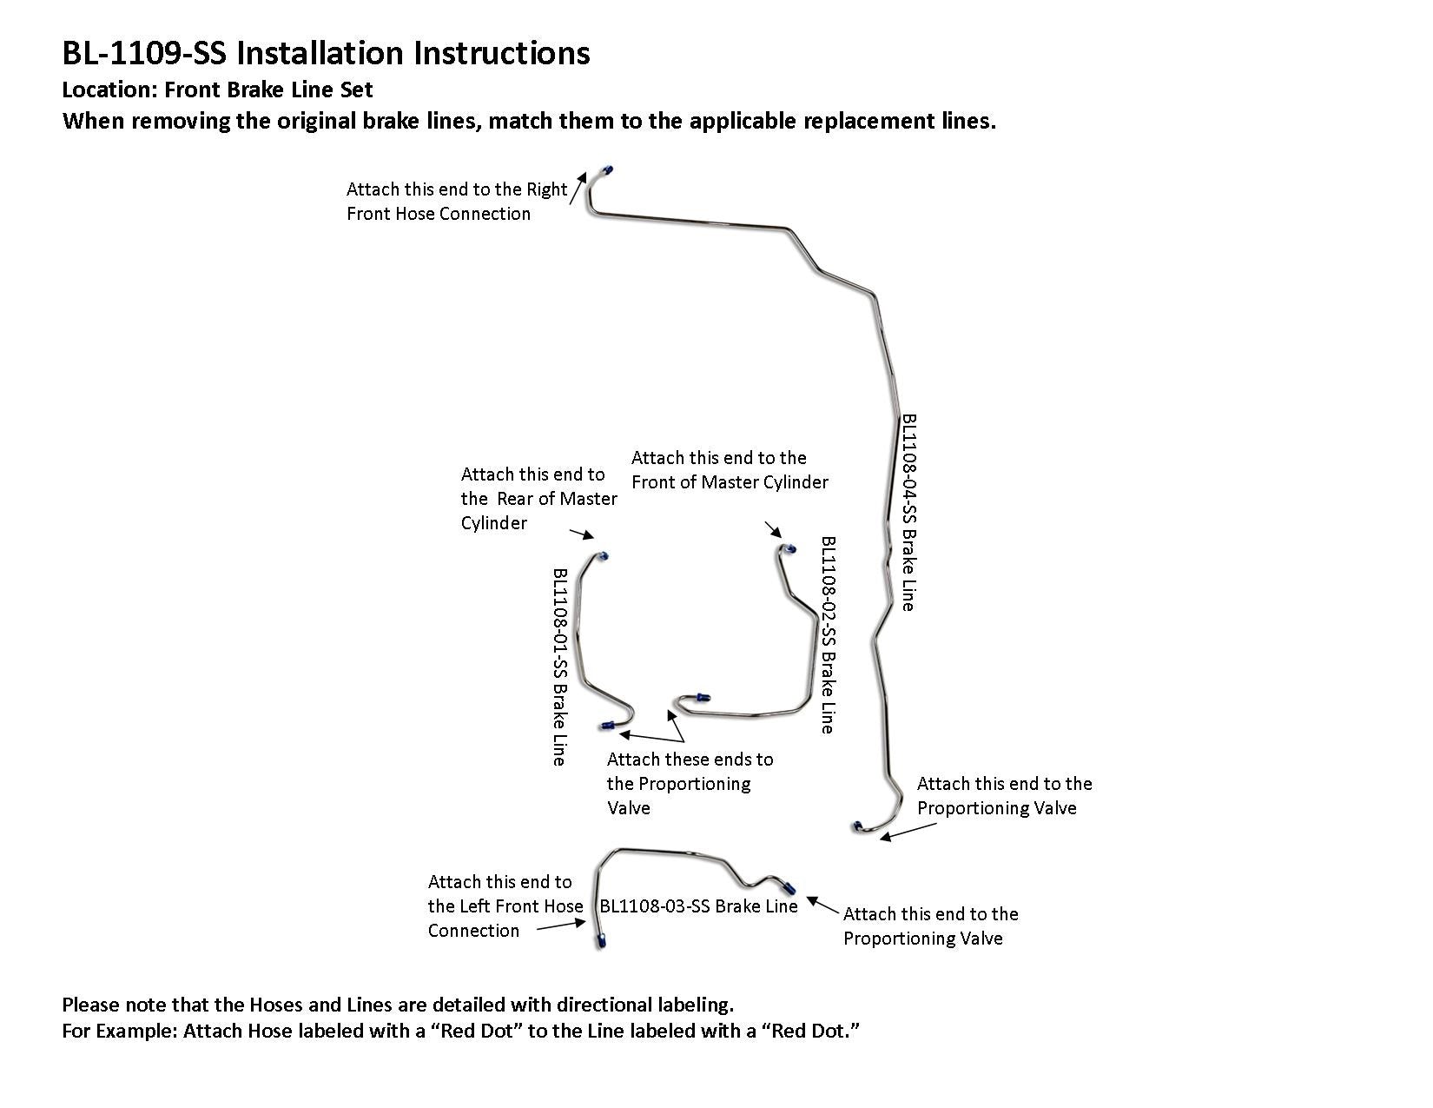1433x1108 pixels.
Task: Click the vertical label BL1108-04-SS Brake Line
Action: pyautogui.click(x=908, y=512)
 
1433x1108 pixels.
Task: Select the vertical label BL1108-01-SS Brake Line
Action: pyautogui.click(x=561, y=667)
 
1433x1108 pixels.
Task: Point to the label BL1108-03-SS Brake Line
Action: pyautogui.click(x=698, y=906)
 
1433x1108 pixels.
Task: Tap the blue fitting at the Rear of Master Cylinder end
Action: pyautogui.click(x=604, y=556)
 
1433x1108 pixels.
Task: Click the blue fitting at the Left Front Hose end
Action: pyautogui.click(x=601, y=941)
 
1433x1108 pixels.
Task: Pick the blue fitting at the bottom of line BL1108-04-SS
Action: pyautogui.click(x=858, y=826)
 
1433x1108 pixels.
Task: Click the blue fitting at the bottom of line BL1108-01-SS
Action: pyautogui.click(x=606, y=725)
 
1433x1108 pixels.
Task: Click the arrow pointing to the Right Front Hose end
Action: pyautogui.click(x=578, y=189)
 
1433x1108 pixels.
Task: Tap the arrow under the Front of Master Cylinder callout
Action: pyautogui.click(x=772, y=529)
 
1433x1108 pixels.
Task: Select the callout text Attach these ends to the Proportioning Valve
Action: pyautogui.click(x=690, y=783)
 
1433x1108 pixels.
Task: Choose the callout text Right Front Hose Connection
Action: pyautogui.click(x=457, y=202)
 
